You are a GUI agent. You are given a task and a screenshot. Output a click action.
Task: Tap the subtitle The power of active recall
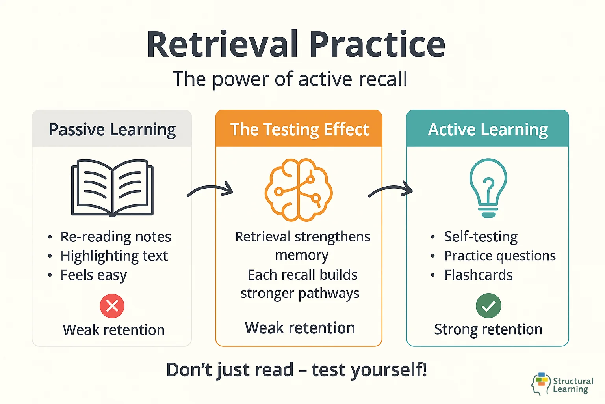[290, 79]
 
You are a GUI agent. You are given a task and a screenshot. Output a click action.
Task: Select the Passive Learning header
[112, 129]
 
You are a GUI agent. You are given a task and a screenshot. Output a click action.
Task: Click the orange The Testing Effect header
[299, 129]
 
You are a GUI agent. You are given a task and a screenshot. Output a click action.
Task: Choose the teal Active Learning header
[488, 129]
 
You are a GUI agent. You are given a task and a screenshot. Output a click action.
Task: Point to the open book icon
[112, 187]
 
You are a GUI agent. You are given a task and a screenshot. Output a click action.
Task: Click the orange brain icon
[299, 189]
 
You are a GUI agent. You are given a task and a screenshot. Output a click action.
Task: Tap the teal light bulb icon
[488, 188]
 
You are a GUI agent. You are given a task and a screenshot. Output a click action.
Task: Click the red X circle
[112, 306]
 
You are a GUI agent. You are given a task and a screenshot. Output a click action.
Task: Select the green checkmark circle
[488, 306]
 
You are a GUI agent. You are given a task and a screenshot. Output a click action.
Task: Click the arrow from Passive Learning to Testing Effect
[210, 191]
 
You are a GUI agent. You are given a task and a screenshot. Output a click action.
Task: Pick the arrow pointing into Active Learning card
[390, 191]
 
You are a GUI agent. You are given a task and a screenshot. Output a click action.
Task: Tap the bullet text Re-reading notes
[115, 237]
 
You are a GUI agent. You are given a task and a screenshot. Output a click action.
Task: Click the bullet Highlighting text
[114, 256]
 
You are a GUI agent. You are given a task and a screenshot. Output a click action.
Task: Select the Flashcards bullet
[478, 275]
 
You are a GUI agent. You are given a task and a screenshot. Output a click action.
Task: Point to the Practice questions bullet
[499, 256]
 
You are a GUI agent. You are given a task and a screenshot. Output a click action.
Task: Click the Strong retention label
[488, 329]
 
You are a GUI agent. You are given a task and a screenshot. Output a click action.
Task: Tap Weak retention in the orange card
[300, 328]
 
